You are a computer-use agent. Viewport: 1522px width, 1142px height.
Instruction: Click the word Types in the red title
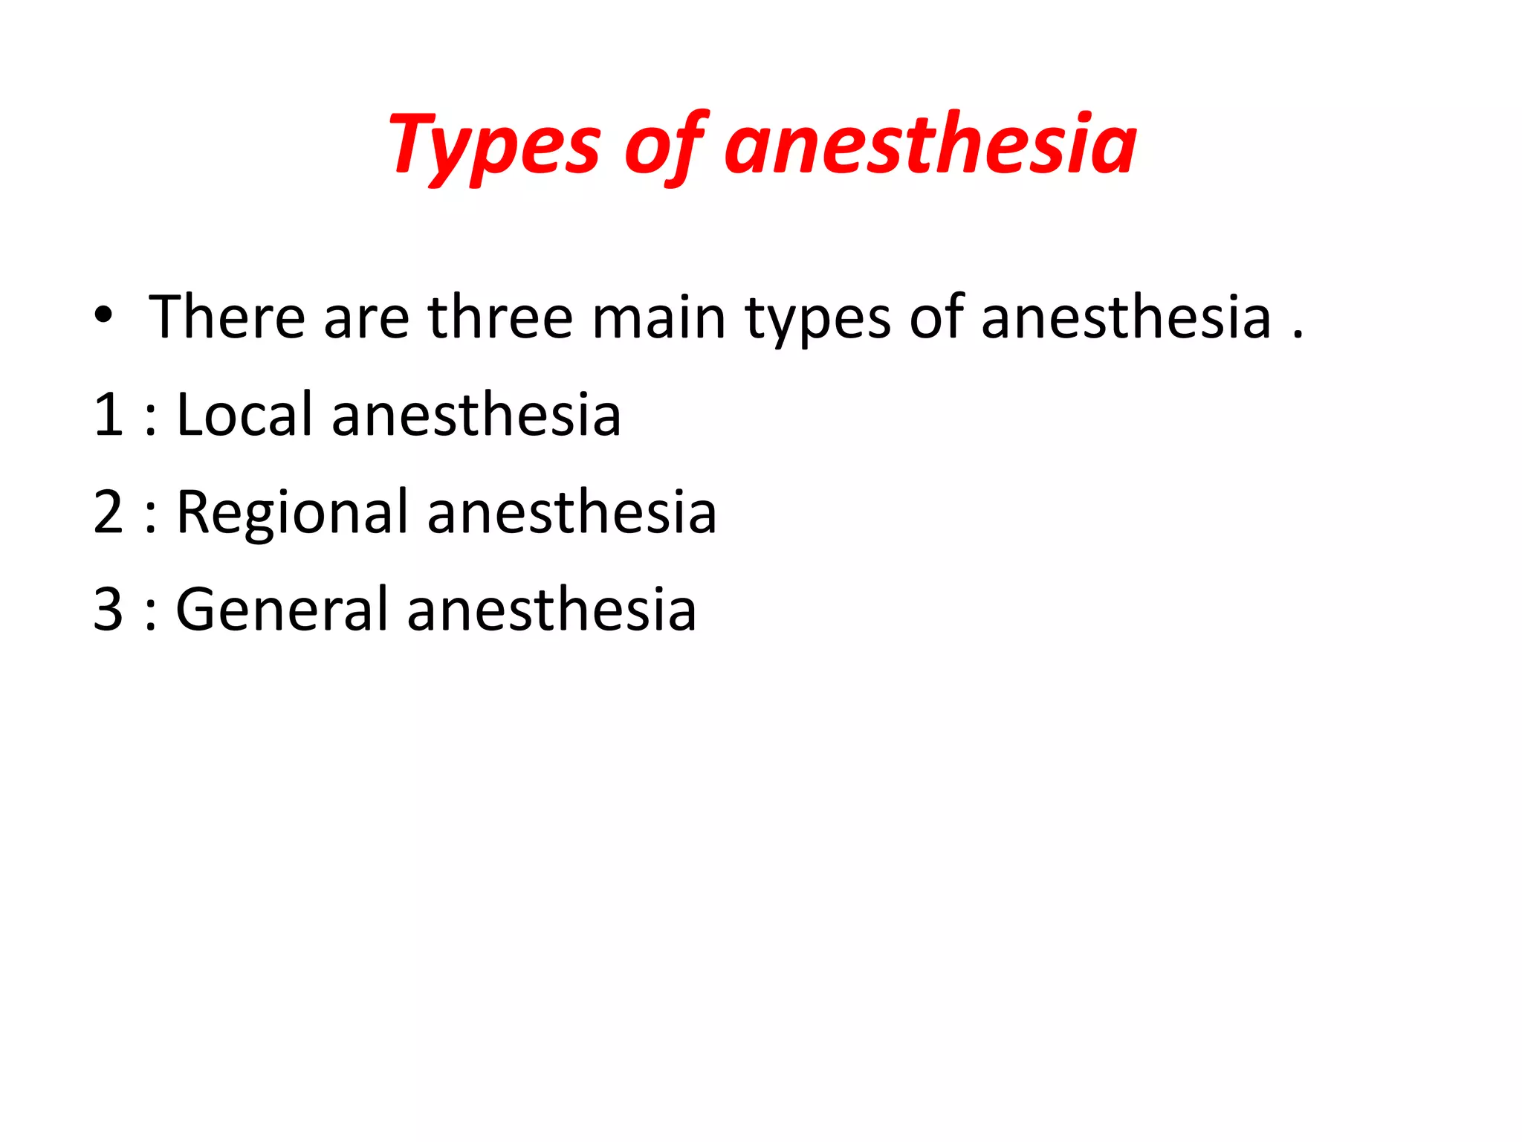[x=493, y=145]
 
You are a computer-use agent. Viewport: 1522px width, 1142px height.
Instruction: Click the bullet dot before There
[x=104, y=316]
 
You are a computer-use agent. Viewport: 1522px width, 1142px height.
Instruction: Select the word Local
[x=244, y=414]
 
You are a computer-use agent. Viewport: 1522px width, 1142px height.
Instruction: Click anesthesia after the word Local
[x=476, y=414]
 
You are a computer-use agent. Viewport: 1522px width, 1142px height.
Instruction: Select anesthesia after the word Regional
[x=571, y=512]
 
